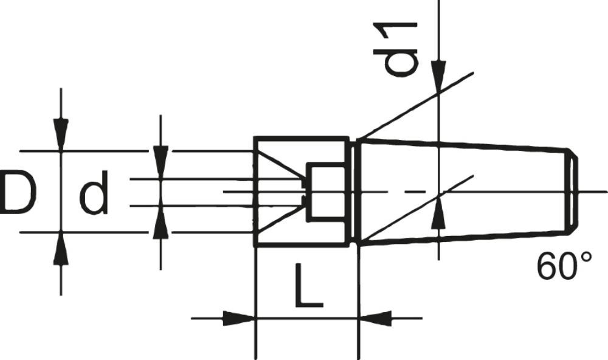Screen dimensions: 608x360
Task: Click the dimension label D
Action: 18,193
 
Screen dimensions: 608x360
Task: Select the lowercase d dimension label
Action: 94,193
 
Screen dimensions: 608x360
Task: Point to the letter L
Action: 308,285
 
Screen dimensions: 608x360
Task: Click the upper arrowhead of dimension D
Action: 61,134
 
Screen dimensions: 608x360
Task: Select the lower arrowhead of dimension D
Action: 61,248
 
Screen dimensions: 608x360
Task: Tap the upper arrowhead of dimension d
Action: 161,162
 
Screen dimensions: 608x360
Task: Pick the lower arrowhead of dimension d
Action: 161,222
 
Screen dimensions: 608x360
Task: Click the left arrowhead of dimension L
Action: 239,319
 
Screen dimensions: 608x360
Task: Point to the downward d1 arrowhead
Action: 438,77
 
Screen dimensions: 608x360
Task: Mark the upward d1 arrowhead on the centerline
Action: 438,213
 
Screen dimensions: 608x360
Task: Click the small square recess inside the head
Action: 325,192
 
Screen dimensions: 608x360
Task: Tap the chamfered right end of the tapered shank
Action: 572,191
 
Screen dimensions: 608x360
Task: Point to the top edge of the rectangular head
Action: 302,137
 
